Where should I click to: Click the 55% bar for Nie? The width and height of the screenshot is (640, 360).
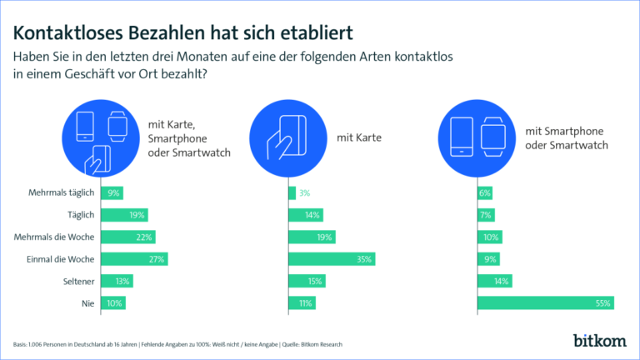[546, 302]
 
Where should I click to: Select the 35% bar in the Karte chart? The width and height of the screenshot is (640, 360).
[332, 258]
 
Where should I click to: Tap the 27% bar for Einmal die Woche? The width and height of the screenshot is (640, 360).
[134, 258]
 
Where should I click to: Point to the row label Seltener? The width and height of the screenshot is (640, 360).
[76, 281]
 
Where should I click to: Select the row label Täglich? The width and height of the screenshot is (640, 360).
[80, 215]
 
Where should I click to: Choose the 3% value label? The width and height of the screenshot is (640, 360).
[305, 193]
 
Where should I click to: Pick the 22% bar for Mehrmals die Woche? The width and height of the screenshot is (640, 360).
[127, 237]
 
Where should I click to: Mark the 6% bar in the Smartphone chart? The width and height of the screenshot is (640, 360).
[485, 193]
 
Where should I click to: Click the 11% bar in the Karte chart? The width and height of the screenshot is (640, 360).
[302, 302]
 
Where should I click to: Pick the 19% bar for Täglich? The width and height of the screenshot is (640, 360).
[124, 215]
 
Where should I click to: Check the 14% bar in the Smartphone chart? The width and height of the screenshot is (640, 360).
[494, 281]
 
